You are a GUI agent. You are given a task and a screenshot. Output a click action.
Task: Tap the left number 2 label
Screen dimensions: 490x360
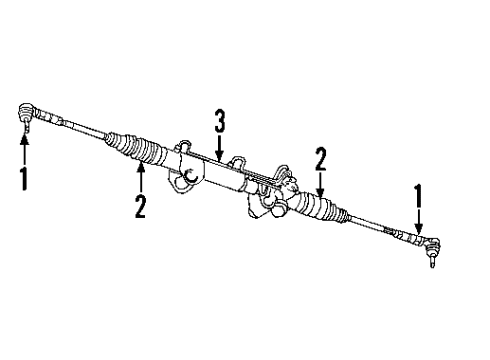(x=141, y=206)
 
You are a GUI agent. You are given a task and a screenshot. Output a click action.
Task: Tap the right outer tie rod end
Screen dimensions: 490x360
(x=427, y=245)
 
